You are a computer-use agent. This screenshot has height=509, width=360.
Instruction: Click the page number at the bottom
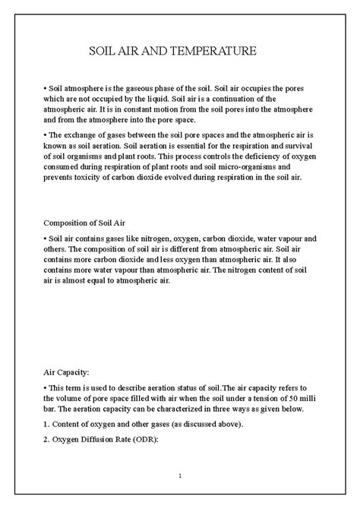[179, 476]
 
